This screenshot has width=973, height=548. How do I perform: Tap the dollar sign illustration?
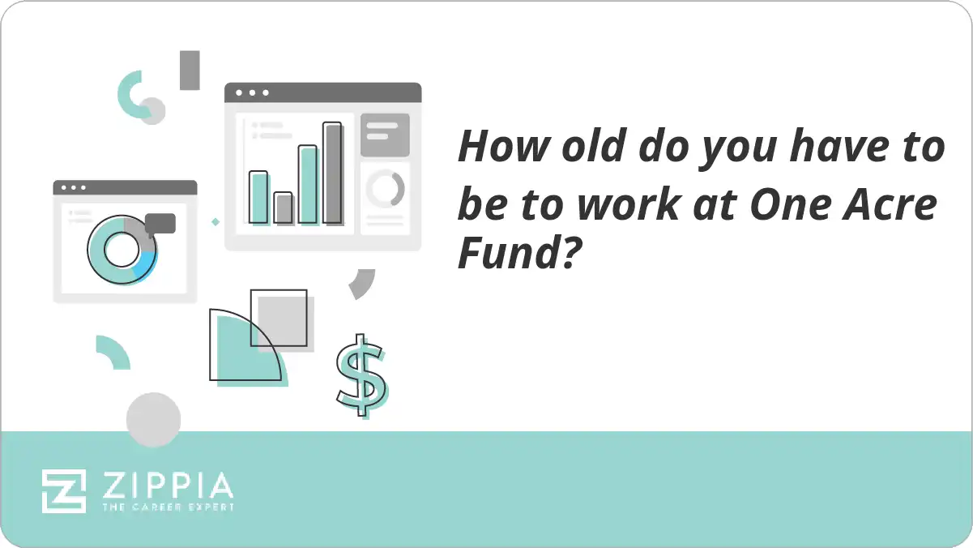pyautogui.click(x=361, y=375)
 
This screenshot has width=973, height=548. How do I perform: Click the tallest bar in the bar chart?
pyautogui.click(x=332, y=173)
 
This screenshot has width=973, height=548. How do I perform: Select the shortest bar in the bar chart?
pyautogui.click(x=283, y=208)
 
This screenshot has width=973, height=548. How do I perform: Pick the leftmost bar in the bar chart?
pyautogui.click(x=258, y=197)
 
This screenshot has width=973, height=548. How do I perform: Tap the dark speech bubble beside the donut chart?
pyautogui.click(x=160, y=223)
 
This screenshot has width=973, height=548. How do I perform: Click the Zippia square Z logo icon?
pyautogui.click(x=64, y=490)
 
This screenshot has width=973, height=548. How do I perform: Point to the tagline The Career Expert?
pyautogui.click(x=168, y=507)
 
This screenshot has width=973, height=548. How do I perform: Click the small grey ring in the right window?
pyautogui.click(x=385, y=189)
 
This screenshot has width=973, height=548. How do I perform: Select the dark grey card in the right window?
pyautogui.click(x=385, y=135)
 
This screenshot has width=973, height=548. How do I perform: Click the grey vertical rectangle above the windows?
pyautogui.click(x=190, y=71)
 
